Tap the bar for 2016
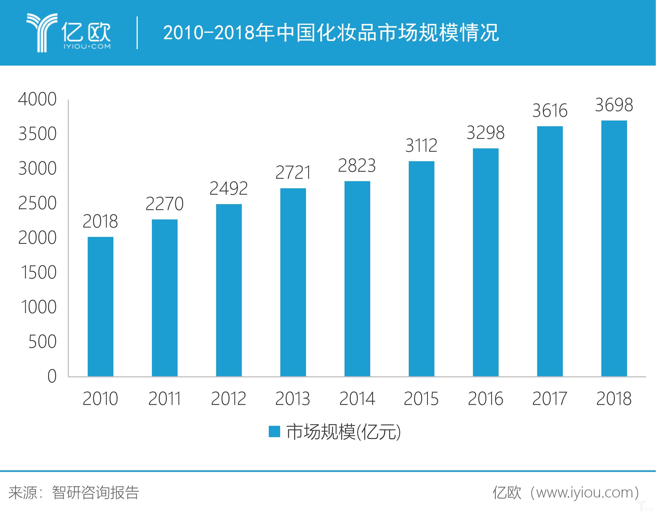(x=486, y=262)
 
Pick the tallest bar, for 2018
(x=614, y=248)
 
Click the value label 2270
(x=164, y=204)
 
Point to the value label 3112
(x=421, y=146)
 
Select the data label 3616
(x=550, y=110)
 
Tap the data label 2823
(x=357, y=166)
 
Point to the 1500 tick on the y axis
(x=39, y=272)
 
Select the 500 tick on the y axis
(x=42, y=342)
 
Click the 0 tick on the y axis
(x=52, y=376)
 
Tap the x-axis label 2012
(x=229, y=399)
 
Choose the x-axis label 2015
(x=421, y=399)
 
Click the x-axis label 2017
(x=550, y=399)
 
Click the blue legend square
(x=274, y=431)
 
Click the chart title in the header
(x=331, y=33)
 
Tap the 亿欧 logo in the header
(x=69, y=33)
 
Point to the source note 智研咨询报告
(x=95, y=493)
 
